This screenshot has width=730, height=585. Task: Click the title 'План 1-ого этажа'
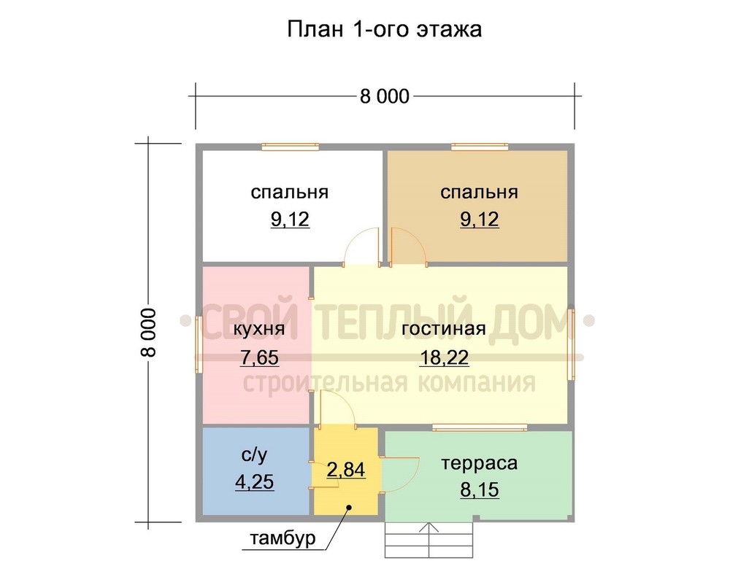click(x=384, y=29)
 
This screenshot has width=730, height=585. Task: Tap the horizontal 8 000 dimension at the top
click(x=385, y=96)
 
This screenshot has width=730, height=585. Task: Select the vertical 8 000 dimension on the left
click(x=148, y=332)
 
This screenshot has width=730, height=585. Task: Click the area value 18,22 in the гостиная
click(x=444, y=357)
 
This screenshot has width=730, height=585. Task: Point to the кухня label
click(x=258, y=329)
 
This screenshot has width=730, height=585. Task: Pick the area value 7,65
click(x=259, y=357)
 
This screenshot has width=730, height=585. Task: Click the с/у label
click(x=255, y=455)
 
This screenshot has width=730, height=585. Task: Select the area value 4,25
click(x=255, y=481)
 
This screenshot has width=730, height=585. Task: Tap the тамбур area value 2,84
click(x=346, y=470)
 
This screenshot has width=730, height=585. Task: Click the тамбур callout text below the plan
click(x=283, y=538)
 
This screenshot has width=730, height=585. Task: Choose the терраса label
click(x=479, y=463)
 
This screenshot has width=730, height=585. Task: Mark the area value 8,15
click(x=480, y=489)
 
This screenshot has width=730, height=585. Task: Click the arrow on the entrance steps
click(x=429, y=540)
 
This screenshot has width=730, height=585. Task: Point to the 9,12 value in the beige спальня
click(x=480, y=219)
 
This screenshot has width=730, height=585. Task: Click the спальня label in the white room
click(x=290, y=192)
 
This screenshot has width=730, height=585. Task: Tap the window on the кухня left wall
click(x=199, y=344)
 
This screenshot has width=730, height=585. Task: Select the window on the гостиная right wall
click(x=571, y=344)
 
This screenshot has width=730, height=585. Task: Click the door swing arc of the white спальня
click(x=352, y=236)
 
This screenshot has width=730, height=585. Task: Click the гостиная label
click(x=444, y=329)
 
